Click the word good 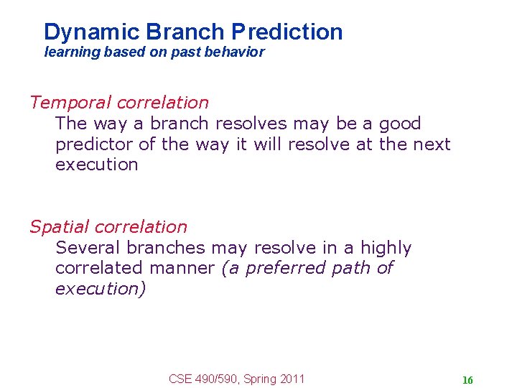[x=399, y=124]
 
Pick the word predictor [x=95, y=144]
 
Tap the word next [x=432, y=144]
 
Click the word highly [x=386, y=249]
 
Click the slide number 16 [x=467, y=380]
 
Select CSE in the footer [x=180, y=379]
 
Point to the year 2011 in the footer [x=292, y=379]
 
